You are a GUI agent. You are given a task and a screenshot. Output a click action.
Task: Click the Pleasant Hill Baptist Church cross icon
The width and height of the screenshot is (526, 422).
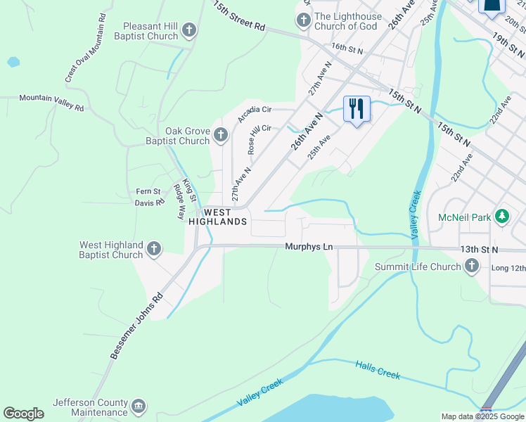click(188, 30)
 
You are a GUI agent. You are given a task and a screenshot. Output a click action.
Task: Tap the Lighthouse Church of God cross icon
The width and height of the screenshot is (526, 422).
click(303, 20)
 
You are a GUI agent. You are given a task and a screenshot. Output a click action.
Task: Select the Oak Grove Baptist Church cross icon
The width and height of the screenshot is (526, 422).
click(220, 134)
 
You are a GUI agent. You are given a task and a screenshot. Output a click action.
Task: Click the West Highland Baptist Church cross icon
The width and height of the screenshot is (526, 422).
click(154, 248)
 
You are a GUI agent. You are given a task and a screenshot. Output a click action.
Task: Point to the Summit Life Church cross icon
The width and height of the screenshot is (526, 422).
click(471, 266)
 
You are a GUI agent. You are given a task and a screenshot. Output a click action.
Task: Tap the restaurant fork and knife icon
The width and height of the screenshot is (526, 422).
click(357, 109)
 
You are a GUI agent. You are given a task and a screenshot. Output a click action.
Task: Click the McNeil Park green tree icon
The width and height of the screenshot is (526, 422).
click(501, 216)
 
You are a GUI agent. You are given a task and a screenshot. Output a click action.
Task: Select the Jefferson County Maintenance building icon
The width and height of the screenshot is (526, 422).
click(139, 406)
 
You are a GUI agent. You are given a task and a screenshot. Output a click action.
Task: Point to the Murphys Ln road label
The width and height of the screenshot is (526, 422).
click(309, 247)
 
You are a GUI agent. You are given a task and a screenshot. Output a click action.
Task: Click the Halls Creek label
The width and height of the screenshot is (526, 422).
click(378, 370)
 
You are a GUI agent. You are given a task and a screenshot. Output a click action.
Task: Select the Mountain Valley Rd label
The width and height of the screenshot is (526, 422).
click(51, 103)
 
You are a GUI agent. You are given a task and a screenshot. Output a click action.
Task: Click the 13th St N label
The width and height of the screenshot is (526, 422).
click(479, 250)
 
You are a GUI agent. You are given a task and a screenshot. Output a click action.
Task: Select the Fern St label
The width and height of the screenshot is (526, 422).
click(148, 191)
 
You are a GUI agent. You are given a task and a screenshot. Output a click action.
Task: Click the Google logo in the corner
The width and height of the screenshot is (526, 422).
click(23, 414)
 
